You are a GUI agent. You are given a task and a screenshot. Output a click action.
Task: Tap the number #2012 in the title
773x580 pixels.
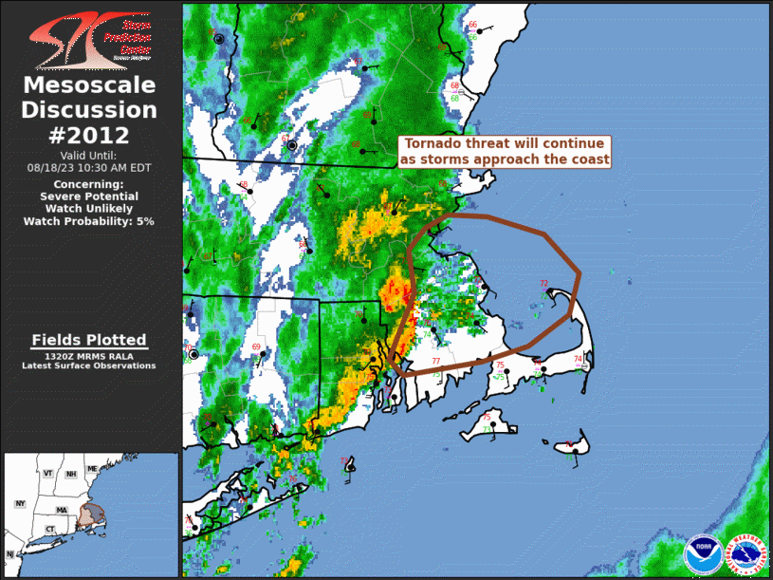(89, 134)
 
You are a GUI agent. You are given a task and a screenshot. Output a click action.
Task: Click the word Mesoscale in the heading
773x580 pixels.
(89, 86)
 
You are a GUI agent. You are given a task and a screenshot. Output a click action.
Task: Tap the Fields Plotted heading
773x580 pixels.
(89, 340)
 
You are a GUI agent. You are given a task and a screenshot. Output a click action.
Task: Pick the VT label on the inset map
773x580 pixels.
(46, 472)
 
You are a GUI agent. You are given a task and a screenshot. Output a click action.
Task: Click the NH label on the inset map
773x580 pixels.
(70, 474)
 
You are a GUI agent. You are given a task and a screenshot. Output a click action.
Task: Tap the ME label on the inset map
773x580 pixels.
(92, 469)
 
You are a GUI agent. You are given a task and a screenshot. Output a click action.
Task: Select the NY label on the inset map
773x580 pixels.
(21, 503)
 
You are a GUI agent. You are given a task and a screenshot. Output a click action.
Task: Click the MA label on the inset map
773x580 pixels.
(62, 510)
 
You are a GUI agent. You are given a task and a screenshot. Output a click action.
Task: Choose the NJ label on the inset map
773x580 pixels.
(9, 553)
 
